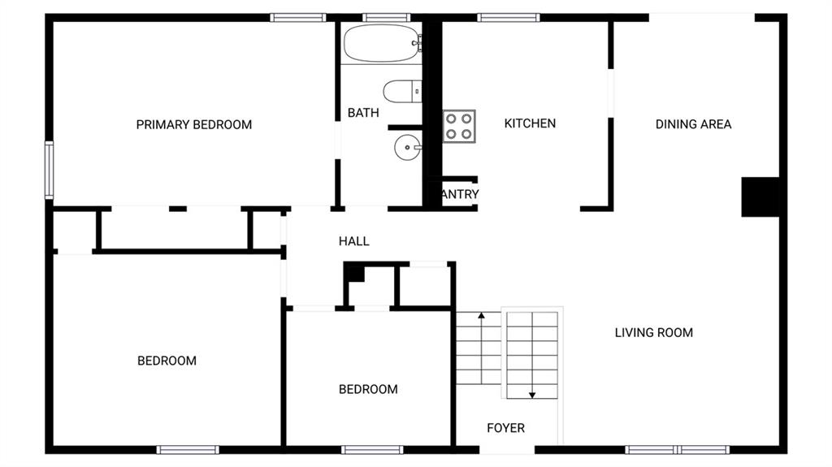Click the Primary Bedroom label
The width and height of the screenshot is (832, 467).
[193, 124]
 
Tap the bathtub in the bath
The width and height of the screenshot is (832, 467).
[381, 43]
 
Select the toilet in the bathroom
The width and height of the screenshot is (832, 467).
[401, 92]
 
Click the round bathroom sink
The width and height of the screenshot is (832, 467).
[407, 148]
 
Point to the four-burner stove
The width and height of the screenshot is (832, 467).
[459, 126]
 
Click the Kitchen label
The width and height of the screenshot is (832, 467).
[530, 123]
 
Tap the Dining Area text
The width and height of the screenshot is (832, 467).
[693, 124]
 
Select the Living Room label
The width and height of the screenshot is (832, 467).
[653, 332]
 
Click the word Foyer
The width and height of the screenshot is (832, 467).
[505, 428]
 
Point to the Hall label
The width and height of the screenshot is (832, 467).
[353, 241]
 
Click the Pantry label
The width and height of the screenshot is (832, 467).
[459, 195]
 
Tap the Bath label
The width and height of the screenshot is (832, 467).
[363, 113]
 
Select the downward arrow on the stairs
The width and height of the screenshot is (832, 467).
[532, 394]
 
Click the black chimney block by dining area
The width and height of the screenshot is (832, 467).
[760, 197]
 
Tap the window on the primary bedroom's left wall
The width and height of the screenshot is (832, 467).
[49, 170]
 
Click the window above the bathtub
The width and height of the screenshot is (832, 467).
[386, 17]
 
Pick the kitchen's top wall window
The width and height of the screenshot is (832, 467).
[509, 17]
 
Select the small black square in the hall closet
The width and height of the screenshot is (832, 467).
[354, 273]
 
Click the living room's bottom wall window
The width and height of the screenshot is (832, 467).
[677, 449]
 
